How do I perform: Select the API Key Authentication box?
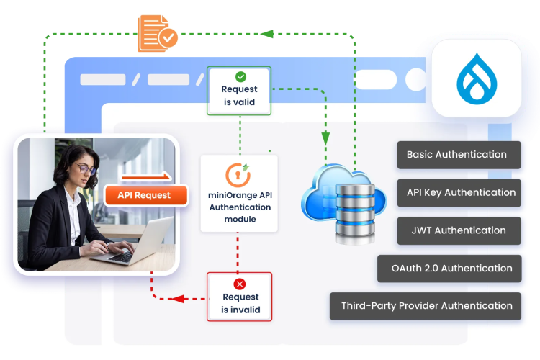point(459,192)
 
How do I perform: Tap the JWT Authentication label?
point(459,230)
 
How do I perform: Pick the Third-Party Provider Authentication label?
point(426,306)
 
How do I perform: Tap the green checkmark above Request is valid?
point(240,76)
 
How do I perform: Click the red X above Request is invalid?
point(240,284)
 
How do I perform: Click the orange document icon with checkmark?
point(158,33)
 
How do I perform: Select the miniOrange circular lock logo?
point(238,175)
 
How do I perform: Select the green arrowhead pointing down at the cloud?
point(325,136)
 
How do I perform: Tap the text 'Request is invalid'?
point(240,304)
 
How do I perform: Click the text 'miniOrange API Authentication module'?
point(240,207)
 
